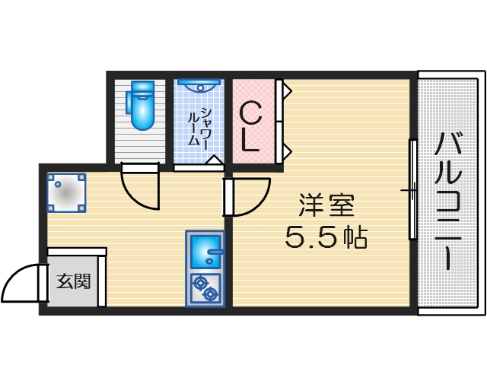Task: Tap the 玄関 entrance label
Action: (74, 281)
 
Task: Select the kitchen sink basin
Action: (204, 250)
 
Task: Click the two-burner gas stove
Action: (205, 288)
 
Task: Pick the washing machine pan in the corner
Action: (67, 192)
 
